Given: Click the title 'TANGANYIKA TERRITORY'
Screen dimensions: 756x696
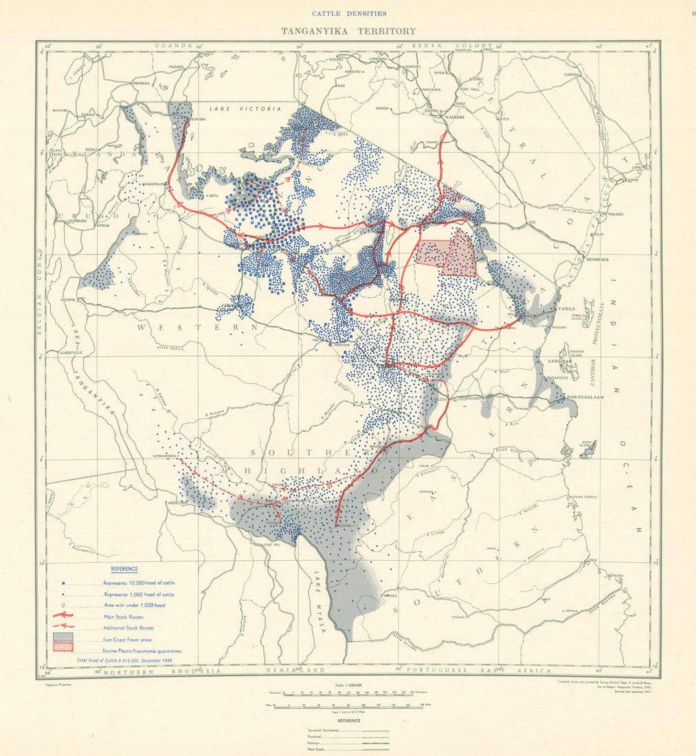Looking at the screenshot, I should click(x=348, y=31).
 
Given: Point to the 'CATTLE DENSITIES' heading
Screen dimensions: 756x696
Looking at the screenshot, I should click(x=348, y=13).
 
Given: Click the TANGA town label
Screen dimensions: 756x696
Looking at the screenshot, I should click(x=566, y=309).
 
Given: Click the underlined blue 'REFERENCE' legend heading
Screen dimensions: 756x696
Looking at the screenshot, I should click(x=124, y=569).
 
